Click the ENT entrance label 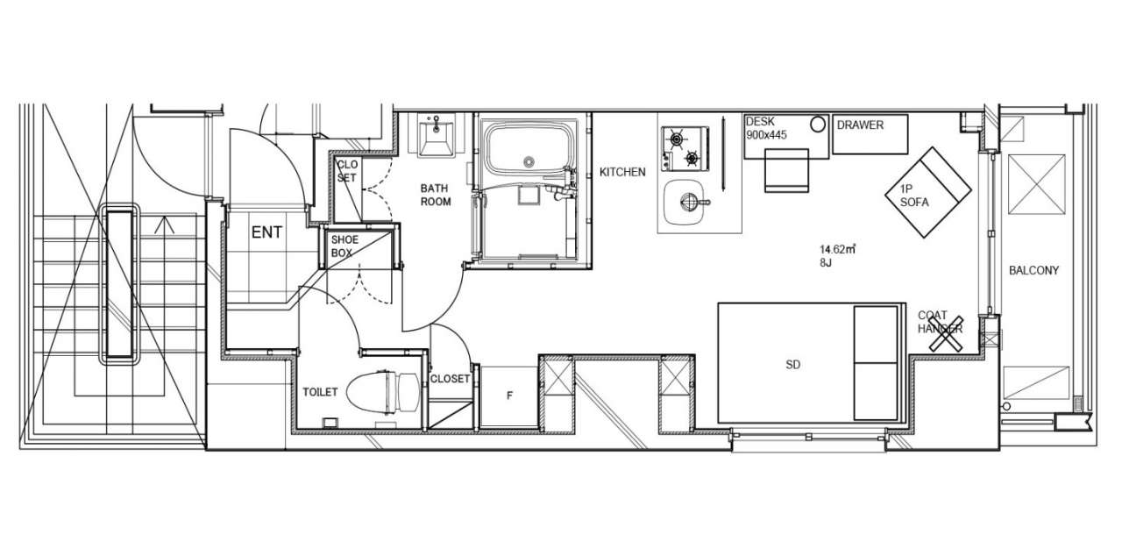pyautogui.click(x=266, y=232)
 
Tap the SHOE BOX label pyautogui.click(x=344, y=246)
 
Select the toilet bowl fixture pyautogui.click(x=383, y=392)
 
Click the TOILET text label pyautogui.click(x=320, y=392)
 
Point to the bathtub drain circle pyautogui.click(x=529, y=161)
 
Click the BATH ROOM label pyautogui.click(x=436, y=195)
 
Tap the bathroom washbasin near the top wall pyautogui.click(x=436, y=135)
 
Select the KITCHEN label pyautogui.click(x=622, y=172)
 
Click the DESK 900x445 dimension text pyautogui.click(x=766, y=128)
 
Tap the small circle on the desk pyautogui.click(x=818, y=125)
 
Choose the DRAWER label pyautogui.click(x=860, y=125)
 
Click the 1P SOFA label pyautogui.click(x=914, y=196)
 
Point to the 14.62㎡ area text pyautogui.click(x=837, y=248)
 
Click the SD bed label pyautogui.click(x=793, y=365)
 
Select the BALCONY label pyautogui.click(x=1033, y=270)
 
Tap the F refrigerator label pyautogui.click(x=509, y=396)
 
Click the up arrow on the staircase pyautogui.click(x=164, y=225)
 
